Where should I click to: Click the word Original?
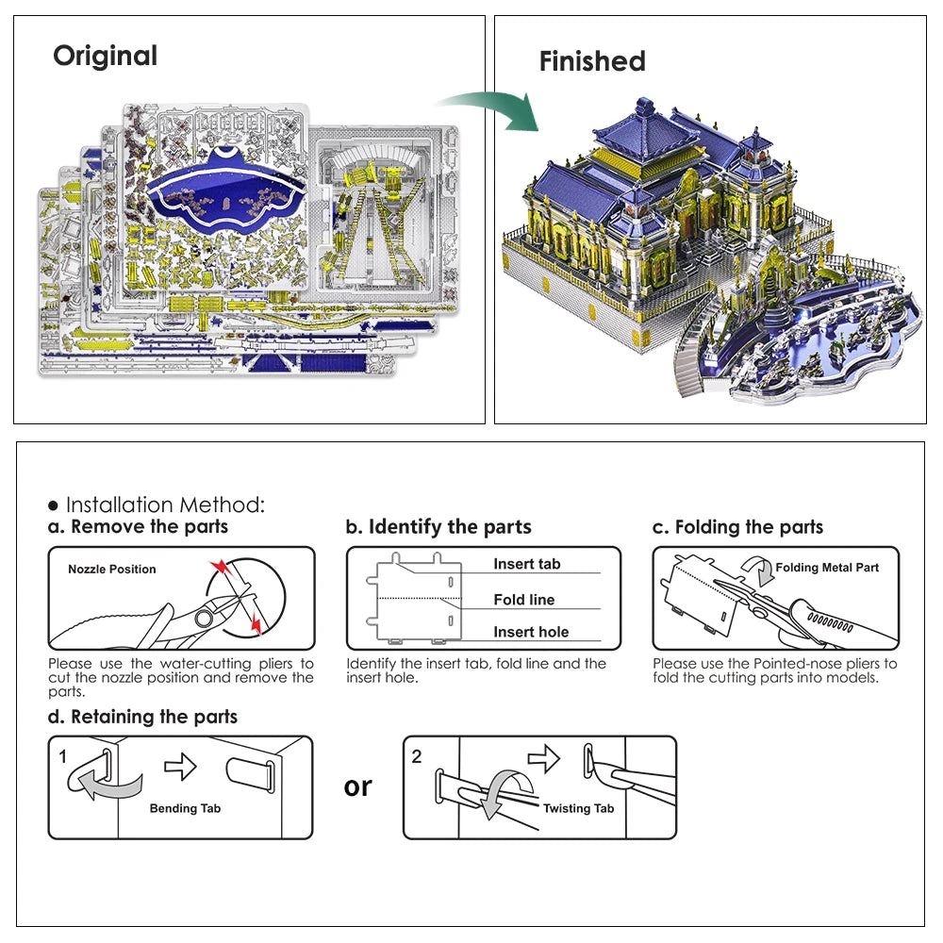105,56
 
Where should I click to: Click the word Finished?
592,61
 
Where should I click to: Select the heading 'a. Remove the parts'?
139,526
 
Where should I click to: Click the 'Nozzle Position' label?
111,570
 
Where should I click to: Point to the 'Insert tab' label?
526,564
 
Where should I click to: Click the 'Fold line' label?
523,600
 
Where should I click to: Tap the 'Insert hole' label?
531,632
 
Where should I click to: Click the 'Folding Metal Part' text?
826,568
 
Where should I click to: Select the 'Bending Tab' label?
186,808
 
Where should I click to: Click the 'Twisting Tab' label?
578,808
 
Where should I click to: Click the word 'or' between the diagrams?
358,786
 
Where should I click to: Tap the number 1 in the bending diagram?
62,756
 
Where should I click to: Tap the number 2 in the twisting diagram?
417,756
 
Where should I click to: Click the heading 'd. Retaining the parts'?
142,717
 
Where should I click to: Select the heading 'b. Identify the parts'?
438,526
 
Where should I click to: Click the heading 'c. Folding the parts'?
737,526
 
